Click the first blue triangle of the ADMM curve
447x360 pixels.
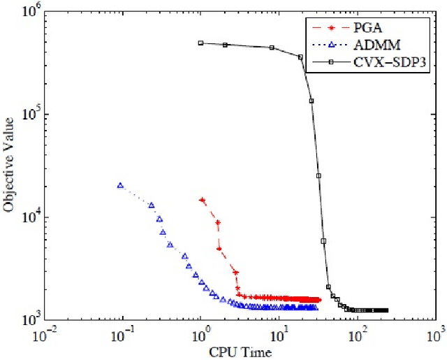(120, 185)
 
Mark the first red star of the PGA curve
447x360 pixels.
(202, 200)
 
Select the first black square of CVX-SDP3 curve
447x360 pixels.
(200, 43)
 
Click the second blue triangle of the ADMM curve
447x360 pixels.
(152, 205)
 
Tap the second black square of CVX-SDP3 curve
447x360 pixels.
(225, 45)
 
